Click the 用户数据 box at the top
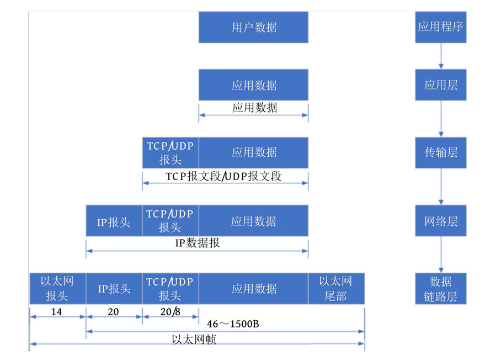253,27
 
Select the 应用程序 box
440,27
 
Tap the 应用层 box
440,85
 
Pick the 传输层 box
440,152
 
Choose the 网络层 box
440,221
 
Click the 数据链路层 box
440,288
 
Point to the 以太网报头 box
57,288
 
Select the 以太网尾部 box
336,288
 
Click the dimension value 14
56,312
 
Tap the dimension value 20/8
170,312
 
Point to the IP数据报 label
197,243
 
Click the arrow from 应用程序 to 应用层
440,55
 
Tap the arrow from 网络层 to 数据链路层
440,255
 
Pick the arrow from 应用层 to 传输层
440,119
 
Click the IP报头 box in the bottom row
114,288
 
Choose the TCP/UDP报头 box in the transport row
170,153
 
